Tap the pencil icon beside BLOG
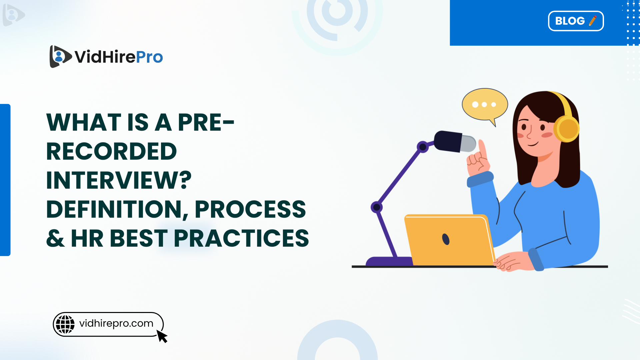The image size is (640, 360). click(593, 21)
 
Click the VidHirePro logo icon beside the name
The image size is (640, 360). click(60, 56)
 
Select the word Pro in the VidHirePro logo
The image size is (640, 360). click(149, 57)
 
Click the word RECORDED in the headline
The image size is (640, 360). click(111, 152)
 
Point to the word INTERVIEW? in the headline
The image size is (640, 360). click(119, 181)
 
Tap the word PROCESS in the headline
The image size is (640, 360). click(250, 210)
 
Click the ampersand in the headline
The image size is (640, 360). click(55, 239)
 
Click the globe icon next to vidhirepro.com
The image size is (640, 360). click(65, 324)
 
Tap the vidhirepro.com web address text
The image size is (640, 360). click(116, 323)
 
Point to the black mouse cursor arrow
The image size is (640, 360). click(162, 336)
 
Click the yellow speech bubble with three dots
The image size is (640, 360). click(485, 105)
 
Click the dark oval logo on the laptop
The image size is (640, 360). click(446, 239)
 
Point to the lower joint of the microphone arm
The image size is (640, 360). click(377, 207)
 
